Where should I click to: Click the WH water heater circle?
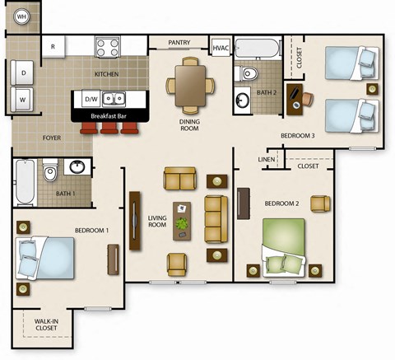click(x=22, y=16)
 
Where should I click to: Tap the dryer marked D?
click(x=22, y=72)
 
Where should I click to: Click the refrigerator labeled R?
click(x=53, y=47)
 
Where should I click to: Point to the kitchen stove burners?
click(x=109, y=47)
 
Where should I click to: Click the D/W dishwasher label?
click(x=91, y=100)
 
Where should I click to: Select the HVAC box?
click(x=221, y=49)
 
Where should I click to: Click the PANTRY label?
click(x=180, y=43)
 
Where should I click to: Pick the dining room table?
click(x=190, y=84)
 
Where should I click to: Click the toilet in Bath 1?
click(x=49, y=175)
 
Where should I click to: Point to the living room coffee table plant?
click(x=183, y=222)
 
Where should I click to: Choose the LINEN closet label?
click(x=265, y=159)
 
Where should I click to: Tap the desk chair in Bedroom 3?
click(x=307, y=98)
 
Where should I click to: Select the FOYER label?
click(x=51, y=138)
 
